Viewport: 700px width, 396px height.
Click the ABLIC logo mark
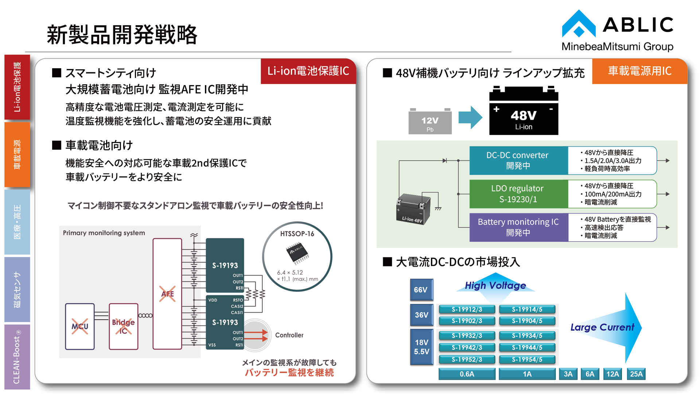coord(579,24)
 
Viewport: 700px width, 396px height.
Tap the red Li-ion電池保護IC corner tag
coord(308,71)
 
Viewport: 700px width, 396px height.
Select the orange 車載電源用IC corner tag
coord(639,71)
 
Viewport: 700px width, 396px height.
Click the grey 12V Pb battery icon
coord(430,121)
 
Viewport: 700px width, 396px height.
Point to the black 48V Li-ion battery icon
coord(524,111)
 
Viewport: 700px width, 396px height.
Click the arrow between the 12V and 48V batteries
coord(470,118)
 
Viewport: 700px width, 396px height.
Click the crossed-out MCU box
coord(80,327)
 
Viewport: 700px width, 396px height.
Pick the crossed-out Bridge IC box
coord(124,327)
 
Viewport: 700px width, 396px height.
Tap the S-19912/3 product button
coord(467,310)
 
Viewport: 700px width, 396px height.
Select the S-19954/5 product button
coord(527,360)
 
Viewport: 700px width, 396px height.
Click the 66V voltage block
coord(421,290)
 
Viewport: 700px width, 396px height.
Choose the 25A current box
coord(636,374)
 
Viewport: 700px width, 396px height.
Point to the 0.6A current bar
coord(467,374)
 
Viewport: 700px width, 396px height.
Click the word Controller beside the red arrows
coord(289,335)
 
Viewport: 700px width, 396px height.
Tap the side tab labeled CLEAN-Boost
coord(17,357)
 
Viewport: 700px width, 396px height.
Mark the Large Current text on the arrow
coord(602,327)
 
